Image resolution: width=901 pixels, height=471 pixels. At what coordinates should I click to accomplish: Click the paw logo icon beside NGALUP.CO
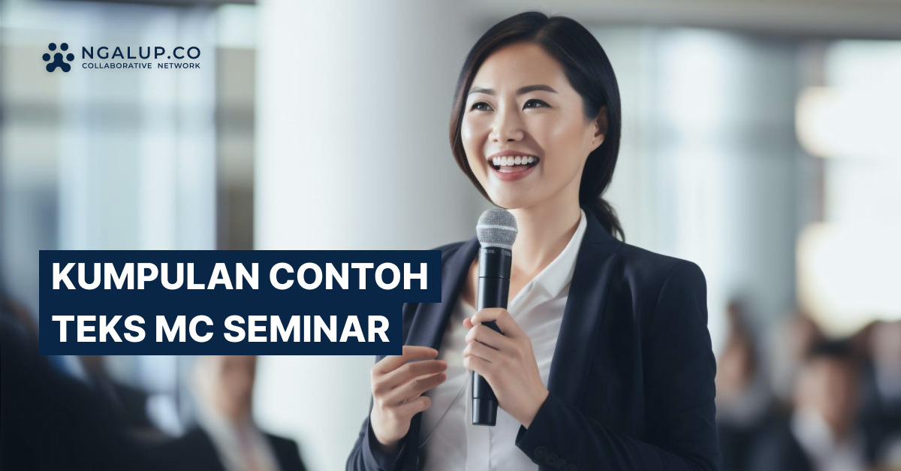pyautogui.click(x=58, y=57)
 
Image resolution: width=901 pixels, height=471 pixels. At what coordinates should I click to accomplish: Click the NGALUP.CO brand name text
pyautogui.click(x=141, y=53)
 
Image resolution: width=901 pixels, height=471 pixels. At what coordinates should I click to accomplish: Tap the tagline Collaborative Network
pyautogui.click(x=141, y=67)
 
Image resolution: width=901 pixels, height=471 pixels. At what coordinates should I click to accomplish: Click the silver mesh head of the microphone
pyautogui.click(x=496, y=228)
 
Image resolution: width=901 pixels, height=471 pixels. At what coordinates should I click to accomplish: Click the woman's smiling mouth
pyautogui.click(x=514, y=164)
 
